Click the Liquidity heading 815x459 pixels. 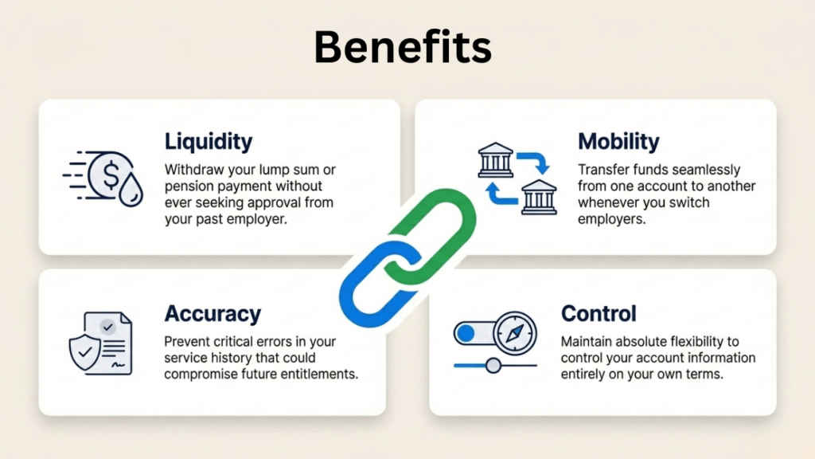[x=209, y=143]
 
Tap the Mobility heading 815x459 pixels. [x=618, y=143]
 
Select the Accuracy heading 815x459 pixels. [x=213, y=313]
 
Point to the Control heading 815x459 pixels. [x=599, y=313]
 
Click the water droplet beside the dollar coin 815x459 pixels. [x=131, y=191]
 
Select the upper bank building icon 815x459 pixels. [x=494, y=161]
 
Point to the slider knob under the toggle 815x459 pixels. [x=493, y=366]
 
